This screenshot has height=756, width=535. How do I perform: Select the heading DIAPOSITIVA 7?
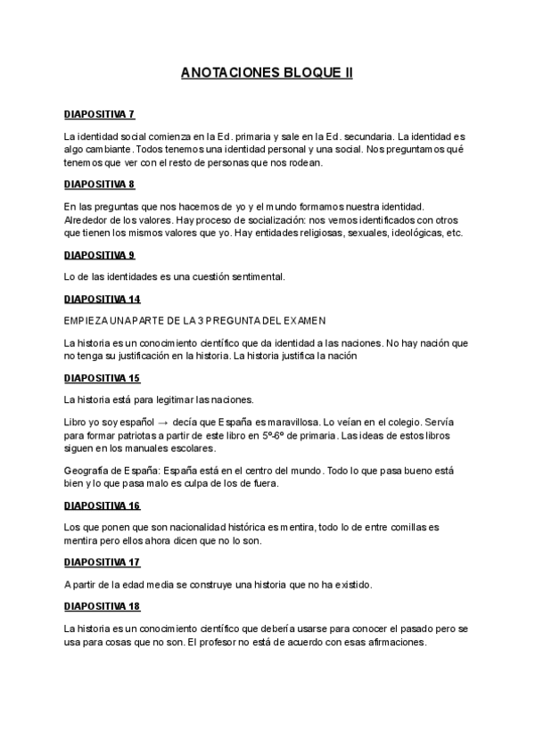pyautogui.click(x=100, y=115)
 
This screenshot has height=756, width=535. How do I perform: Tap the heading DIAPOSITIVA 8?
pyautogui.click(x=100, y=185)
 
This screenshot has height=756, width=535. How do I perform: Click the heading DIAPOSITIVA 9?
pyautogui.click(x=100, y=255)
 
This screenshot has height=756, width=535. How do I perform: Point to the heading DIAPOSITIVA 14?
pyautogui.click(x=103, y=299)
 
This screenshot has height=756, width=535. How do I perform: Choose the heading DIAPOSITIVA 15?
pyautogui.click(x=103, y=378)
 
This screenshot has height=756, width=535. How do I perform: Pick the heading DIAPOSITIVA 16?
pyautogui.click(x=103, y=505)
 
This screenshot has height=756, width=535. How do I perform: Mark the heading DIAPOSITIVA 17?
pyautogui.click(x=103, y=563)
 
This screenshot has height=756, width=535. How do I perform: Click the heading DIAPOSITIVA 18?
pyautogui.click(x=103, y=606)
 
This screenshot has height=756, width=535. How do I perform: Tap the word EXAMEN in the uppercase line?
pyautogui.click(x=303, y=320)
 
